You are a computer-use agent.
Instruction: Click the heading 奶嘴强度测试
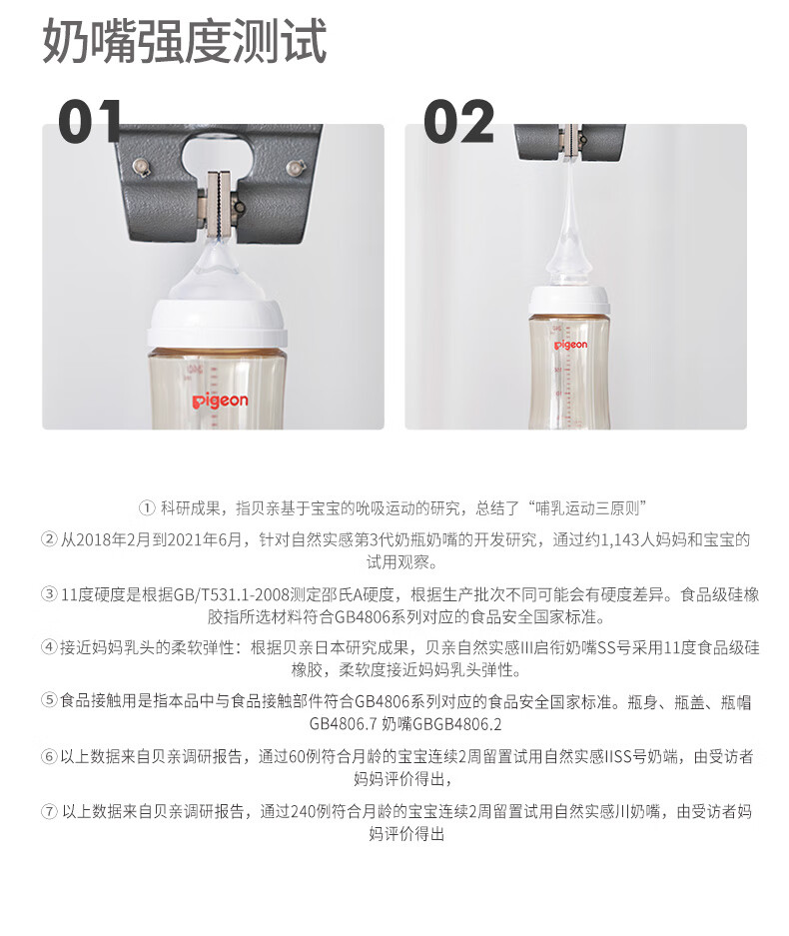click(x=185, y=40)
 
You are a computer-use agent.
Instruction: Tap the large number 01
click(x=91, y=122)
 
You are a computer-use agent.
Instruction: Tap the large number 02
click(x=459, y=122)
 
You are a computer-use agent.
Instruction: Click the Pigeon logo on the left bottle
click(x=220, y=401)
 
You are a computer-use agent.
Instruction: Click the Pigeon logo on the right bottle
click(x=570, y=345)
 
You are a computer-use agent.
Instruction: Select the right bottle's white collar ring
click(x=569, y=302)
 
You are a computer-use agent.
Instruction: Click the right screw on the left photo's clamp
click(x=295, y=167)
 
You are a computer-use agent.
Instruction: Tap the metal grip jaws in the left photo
click(x=219, y=204)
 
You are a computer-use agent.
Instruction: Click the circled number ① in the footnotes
click(x=147, y=508)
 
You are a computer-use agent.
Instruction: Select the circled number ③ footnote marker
click(x=49, y=594)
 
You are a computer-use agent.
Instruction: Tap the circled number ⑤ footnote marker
click(x=49, y=700)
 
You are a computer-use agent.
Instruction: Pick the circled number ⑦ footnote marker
click(x=49, y=812)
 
